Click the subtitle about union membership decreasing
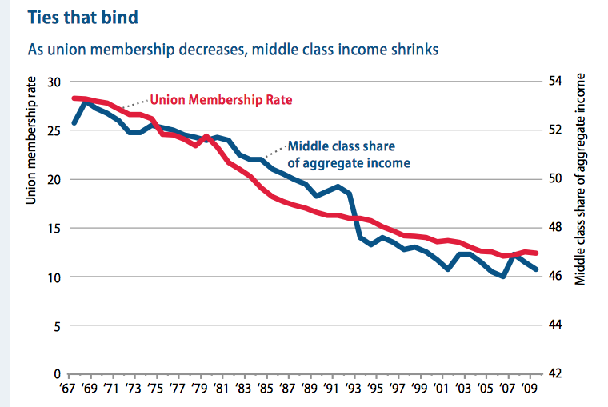234,50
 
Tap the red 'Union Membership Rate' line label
222,101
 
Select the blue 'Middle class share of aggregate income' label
349,154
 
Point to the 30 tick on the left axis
54,82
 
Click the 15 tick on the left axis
54,228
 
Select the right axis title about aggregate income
582,180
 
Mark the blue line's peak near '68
86,102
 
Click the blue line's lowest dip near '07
502,277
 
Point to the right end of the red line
537,253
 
